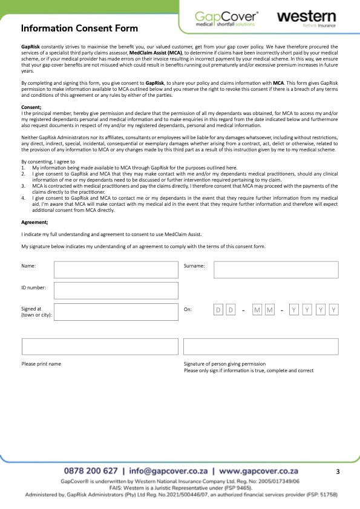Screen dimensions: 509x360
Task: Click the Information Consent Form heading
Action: [x=79, y=28]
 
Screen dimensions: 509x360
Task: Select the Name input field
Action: [x=116, y=269]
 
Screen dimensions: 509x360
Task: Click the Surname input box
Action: [x=275, y=269]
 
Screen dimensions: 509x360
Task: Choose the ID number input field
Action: [x=116, y=290]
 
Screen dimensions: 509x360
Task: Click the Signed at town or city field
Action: [x=116, y=312]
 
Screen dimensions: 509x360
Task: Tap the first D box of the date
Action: [x=218, y=310]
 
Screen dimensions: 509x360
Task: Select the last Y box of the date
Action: [x=333, y=310]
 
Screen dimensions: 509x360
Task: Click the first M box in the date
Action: [x=257, y=310]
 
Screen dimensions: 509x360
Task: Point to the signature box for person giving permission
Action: [x=261, y=347]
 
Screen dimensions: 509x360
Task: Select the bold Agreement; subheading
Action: [x=34, y=223]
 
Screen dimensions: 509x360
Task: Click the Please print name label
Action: [x=41, y=364]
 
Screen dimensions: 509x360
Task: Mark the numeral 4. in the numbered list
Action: [x=24, y=197]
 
